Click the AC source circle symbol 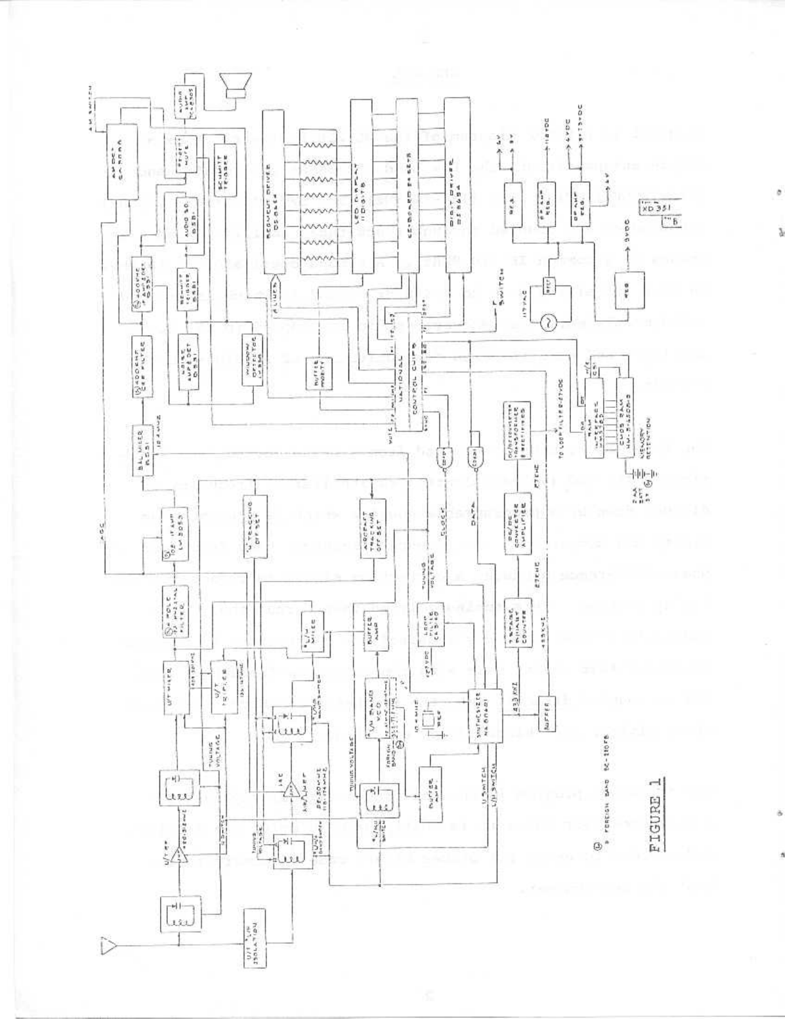[550, 324]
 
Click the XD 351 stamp [656, 208]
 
